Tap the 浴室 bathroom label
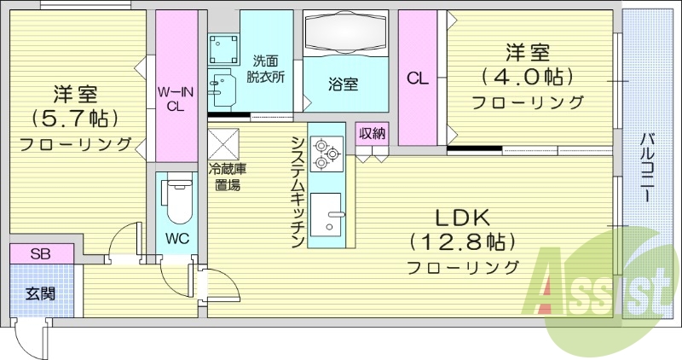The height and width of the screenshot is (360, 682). tap(343, 84)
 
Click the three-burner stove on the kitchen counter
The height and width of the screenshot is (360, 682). tap(325, 152)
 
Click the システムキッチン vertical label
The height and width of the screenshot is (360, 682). tap(298, 191)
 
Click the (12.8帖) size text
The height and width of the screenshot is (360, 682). tap(464, 241)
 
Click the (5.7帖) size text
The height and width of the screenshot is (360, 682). tap(75, 117)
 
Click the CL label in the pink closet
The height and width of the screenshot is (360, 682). tap(417, 79)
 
